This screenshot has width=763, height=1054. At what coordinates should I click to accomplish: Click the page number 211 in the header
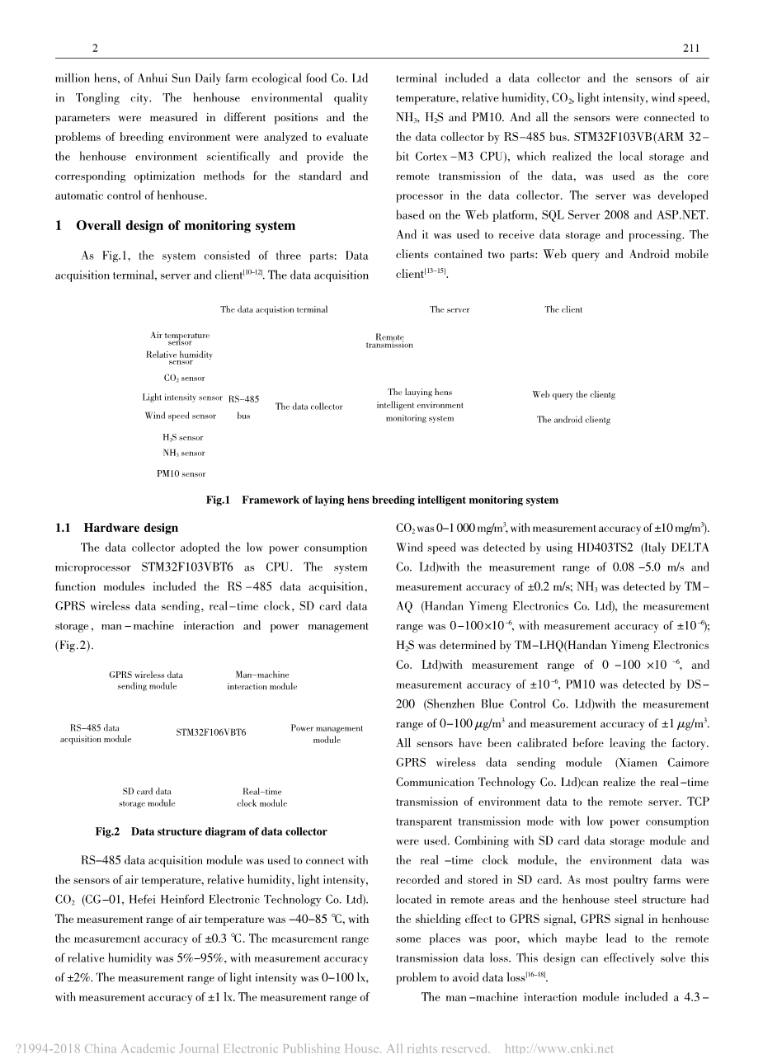tap(691, 49)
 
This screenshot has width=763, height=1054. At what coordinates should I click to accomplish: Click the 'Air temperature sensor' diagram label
tap(180, 339)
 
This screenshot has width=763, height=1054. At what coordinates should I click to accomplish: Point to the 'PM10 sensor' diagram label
tap(181, 474)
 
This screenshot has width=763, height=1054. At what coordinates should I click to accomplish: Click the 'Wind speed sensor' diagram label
tap(181, 416)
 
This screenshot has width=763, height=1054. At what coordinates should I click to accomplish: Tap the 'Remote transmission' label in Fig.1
tap(389, 341)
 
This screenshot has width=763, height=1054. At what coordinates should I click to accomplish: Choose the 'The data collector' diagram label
tap(308, 407)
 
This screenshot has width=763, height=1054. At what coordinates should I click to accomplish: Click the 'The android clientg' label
tap(573, 420)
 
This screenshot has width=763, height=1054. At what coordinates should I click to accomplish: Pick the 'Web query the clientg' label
tap(573, 395)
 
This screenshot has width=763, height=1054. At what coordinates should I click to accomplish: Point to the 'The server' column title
tap(450, 310)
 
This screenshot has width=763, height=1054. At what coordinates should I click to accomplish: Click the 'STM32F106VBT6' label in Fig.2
tap(211, 732)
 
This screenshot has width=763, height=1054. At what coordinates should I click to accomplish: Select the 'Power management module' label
tap(327, 734)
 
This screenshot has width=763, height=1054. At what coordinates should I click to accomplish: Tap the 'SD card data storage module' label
tap(147, 798)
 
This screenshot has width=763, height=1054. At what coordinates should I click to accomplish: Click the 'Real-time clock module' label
tap(261, 798)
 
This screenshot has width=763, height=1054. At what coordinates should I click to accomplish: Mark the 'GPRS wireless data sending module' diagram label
tap(146, 680)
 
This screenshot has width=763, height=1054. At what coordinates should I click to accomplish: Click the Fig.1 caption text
tap(381, 500)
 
